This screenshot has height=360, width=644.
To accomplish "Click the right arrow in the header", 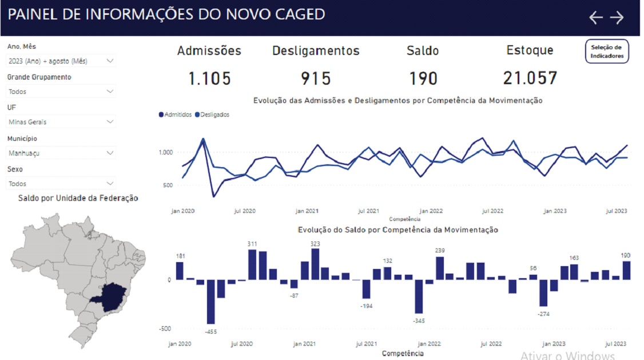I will tap(617, 18).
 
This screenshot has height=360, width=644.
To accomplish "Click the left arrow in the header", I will tap(596, 18).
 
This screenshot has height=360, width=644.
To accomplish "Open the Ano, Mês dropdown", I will tap(61, 61).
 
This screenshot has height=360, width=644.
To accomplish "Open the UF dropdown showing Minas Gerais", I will tap(61, 122).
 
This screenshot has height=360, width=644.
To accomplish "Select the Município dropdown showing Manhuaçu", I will tap(61, 153).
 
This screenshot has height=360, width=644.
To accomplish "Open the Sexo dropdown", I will tap(61, 184).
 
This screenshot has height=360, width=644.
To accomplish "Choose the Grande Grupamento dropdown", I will tap(61, 92).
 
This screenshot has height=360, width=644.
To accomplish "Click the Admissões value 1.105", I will tap(209, 78).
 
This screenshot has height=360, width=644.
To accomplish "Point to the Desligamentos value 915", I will tap(316, 78).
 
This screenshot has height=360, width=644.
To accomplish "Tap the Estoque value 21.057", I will tap(530, 78).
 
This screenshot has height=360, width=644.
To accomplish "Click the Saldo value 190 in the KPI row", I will tap(423, 78).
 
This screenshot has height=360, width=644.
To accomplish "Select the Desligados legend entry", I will tap(212, 114).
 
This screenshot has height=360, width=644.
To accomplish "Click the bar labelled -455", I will tap(211, 302).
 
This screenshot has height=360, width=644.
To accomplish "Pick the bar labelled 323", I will tap(315, 264).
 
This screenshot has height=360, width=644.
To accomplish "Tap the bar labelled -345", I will tap(419, 296).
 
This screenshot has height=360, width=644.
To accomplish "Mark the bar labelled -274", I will tap(543, 293).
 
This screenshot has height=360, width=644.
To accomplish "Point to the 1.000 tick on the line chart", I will tap(166, 152).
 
